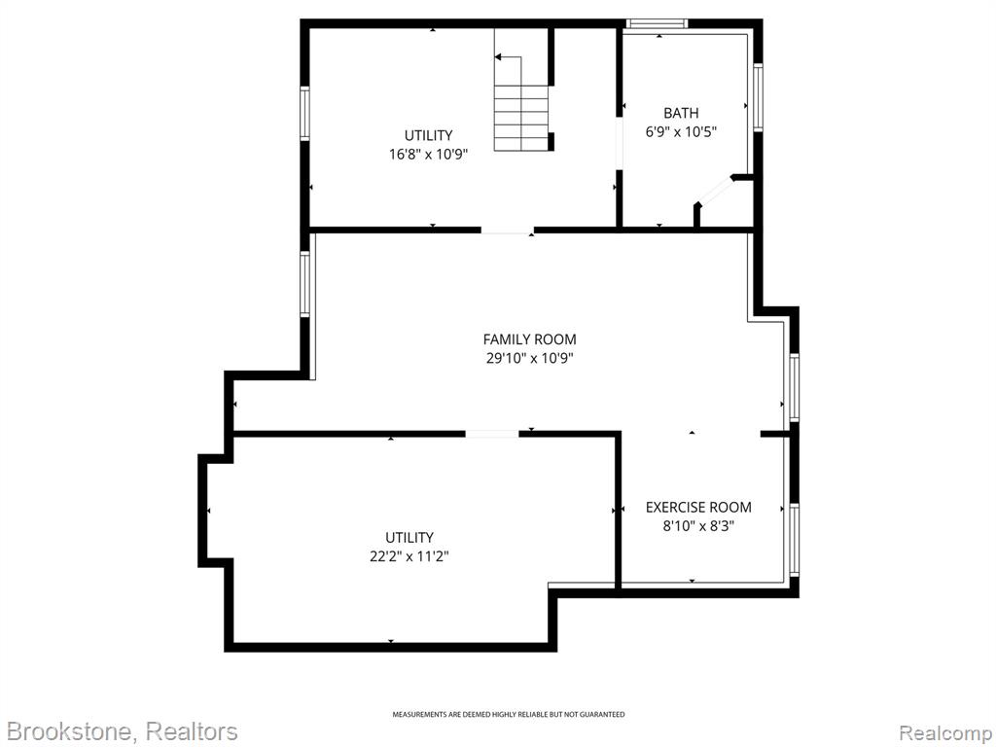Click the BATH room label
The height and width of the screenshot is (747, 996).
681,113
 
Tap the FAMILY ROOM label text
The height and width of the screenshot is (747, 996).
530,339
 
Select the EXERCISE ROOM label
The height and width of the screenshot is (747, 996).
698,507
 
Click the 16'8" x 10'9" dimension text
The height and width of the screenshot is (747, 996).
429,155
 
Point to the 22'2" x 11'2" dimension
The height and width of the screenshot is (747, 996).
409,556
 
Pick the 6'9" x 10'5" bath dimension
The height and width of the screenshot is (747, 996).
681,132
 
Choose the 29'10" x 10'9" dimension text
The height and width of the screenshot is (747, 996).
530,358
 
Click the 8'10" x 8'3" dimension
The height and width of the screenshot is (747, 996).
698,526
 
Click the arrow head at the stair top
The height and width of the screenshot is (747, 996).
498,57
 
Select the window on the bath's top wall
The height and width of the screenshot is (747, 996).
657,23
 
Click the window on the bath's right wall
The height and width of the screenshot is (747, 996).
758,97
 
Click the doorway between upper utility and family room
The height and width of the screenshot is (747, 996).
507,230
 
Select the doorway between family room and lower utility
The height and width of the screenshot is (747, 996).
492,434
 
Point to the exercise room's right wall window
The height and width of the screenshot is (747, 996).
794,539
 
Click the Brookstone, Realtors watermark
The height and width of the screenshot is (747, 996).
122,731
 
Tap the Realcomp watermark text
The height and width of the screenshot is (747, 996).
945,732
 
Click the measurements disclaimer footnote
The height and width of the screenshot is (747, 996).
508,715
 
